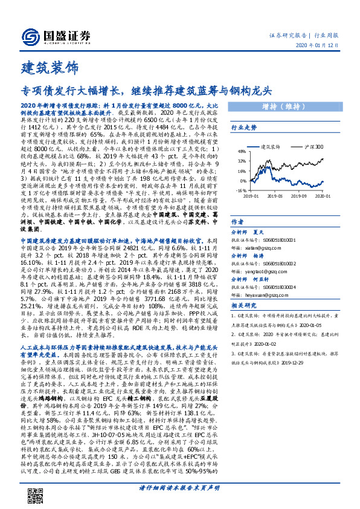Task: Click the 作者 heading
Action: (237, 222)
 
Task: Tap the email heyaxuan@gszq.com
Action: (254, 297)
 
